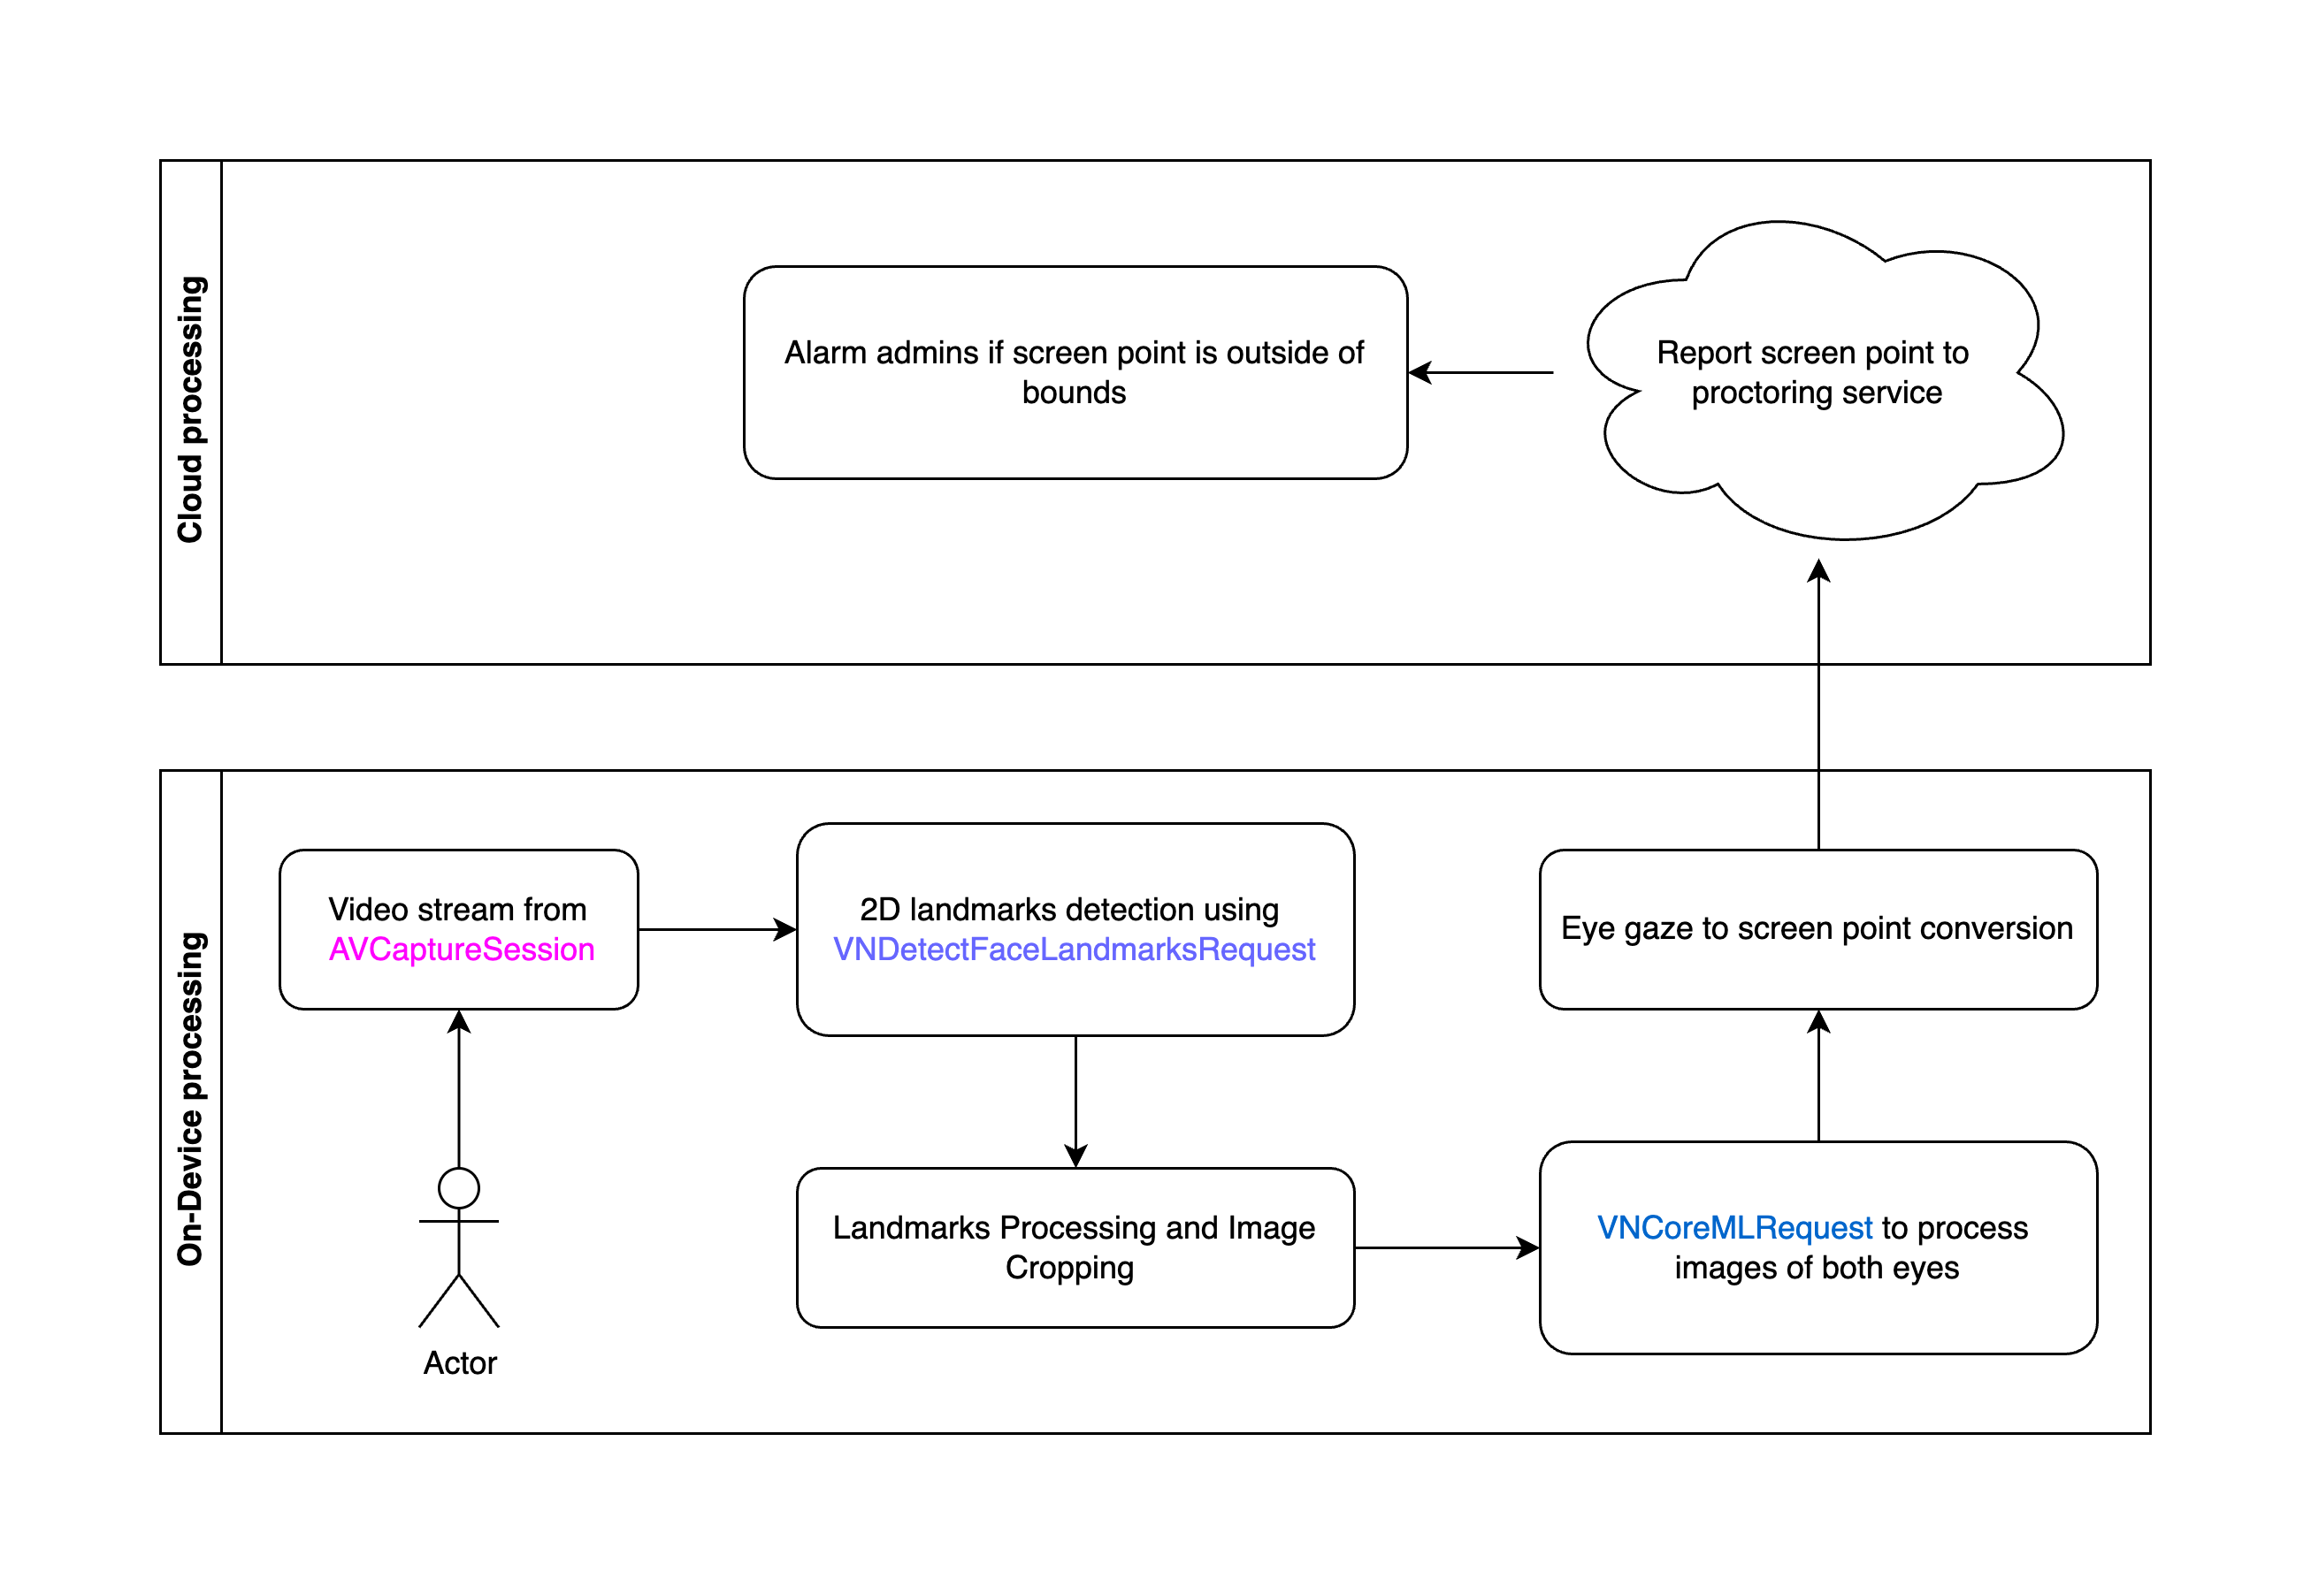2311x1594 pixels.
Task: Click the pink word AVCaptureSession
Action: [x=461, y=949]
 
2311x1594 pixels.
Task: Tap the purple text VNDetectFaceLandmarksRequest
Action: [x=1074, y=949]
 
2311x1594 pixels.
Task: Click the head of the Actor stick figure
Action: [x=459, y=1188]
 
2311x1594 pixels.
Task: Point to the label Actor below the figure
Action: [x=460, y=1363]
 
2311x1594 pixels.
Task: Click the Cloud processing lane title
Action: [x=190, y=409]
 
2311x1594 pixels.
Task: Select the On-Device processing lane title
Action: [x=190, y=1099]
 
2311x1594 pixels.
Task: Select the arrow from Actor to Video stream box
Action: [x=459, y=1088]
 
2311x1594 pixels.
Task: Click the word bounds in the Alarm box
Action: [x=1074, y=393]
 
